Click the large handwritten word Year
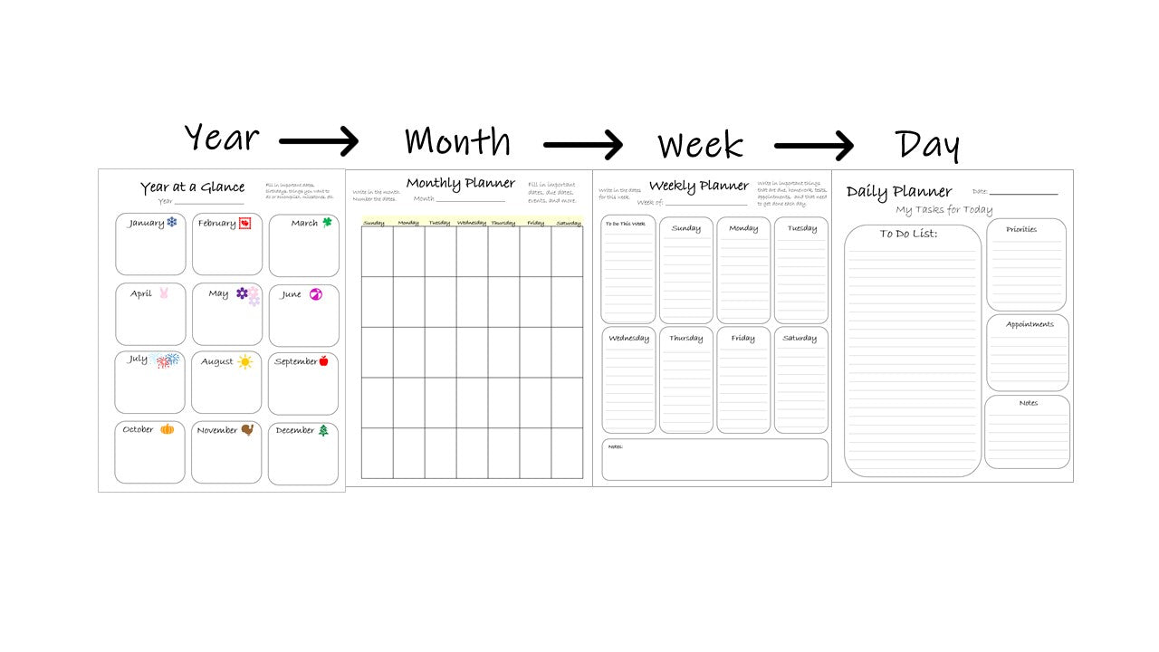(221, 139)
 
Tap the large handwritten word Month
(457, 141)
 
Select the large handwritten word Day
(926, 145)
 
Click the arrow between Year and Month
(319, 141)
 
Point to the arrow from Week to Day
(813, 145)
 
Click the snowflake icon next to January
(171, 222)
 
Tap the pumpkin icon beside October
(167, 429)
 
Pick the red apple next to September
(323, 361)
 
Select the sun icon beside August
(244, 361)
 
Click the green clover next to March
(327, 222)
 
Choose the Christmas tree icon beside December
(323, 430)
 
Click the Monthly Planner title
(460, 184)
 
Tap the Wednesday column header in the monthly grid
(471, 223)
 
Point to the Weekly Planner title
(698, 187)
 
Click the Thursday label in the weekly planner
(685, 339)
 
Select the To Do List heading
(908, 235)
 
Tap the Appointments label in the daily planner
(1030, 324)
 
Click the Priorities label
(1021, 230)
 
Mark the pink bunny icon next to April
(164, 292)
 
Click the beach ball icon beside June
(315, 293)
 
